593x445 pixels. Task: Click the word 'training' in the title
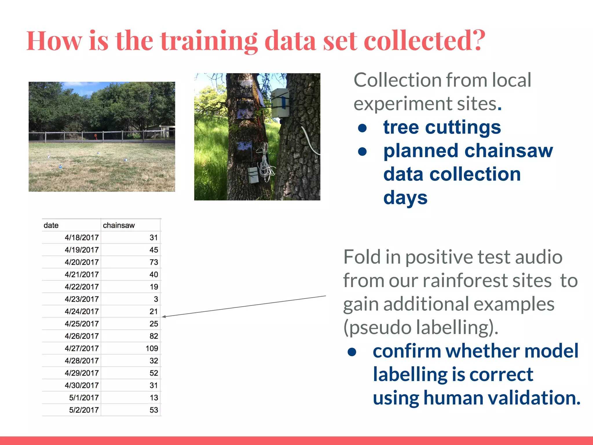tap(208, 41)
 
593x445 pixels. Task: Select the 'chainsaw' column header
tap(119, 225)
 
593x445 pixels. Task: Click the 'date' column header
tap(51, 225)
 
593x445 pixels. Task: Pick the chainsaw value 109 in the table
tap(152, 349)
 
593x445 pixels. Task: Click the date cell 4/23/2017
tap(82, 299)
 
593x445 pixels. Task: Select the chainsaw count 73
tap(154, 262)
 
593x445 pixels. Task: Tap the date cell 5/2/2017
tap(84, 410)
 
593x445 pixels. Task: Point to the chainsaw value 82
tap(154, 336)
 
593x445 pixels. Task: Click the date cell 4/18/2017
tap(82, 238)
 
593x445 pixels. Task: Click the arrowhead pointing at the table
tap(164, 317)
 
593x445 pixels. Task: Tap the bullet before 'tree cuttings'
tap(362, 128)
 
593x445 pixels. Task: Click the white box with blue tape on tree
tap(280, 103)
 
